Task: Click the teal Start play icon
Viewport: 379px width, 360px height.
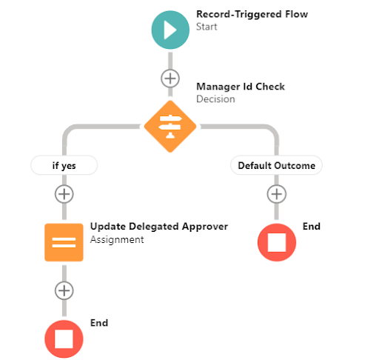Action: pos(170,30)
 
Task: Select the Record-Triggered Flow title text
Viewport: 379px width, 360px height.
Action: pos(252,13)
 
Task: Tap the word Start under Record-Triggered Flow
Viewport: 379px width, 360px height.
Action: pos(208,27)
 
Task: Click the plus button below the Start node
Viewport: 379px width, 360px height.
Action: pos(170,78)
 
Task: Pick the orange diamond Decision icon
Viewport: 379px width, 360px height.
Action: pos(170,127)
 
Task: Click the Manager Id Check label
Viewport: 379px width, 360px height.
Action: pos(240,87)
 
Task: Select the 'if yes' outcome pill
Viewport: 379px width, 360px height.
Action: pos(64,165)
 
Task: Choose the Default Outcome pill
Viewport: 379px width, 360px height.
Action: pos(276,165)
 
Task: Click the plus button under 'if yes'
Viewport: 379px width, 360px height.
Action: pos(64,194)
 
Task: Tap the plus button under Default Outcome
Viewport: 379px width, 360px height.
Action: pos(276,194)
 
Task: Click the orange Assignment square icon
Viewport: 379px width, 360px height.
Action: pos(64,242)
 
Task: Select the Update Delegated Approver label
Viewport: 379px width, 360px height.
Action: pos(158,226)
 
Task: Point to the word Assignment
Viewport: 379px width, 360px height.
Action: pos(116,239)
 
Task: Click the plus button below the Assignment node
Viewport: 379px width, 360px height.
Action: pos(64,290)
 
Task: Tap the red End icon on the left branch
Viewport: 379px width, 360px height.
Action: pos(64,339)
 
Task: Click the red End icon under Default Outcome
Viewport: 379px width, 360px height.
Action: pos(276,242)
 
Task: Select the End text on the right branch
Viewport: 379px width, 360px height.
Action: pos(312,226)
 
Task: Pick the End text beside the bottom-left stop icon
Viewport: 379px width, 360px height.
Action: pos(99,323)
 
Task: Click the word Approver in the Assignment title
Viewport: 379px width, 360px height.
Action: pos(207,226)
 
